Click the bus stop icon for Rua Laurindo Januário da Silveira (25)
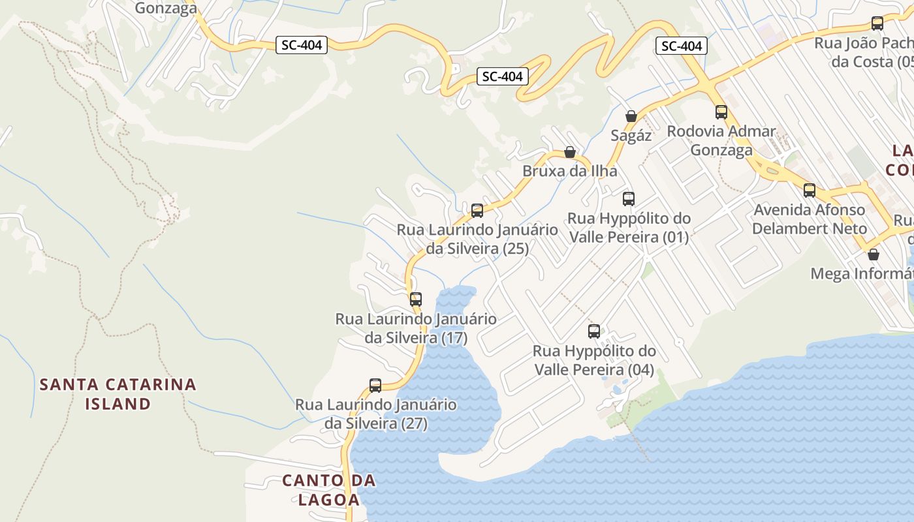[477, 210]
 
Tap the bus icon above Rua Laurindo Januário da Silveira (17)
[416, 299]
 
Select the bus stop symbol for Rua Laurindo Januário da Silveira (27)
[375, 385]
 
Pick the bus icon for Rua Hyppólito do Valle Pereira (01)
[629, 199]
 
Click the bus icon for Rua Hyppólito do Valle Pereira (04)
[594, 331]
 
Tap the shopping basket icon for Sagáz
[631, 116]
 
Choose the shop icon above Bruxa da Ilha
[570, 152]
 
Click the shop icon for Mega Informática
[874, 254]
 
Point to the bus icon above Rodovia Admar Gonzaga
[721, 112]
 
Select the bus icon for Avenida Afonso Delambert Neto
[810, 191]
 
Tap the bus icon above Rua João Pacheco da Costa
[877, 23]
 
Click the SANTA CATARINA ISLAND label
[118, 393]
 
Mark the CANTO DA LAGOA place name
[329, 490]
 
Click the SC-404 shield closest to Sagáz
[682, 46]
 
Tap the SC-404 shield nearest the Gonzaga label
[301, 45]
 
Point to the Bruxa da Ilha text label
[569, 171]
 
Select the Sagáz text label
[631, 136]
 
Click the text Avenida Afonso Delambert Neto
[810, 219]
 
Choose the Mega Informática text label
[860, 273]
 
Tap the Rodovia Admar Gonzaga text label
[721, 140]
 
